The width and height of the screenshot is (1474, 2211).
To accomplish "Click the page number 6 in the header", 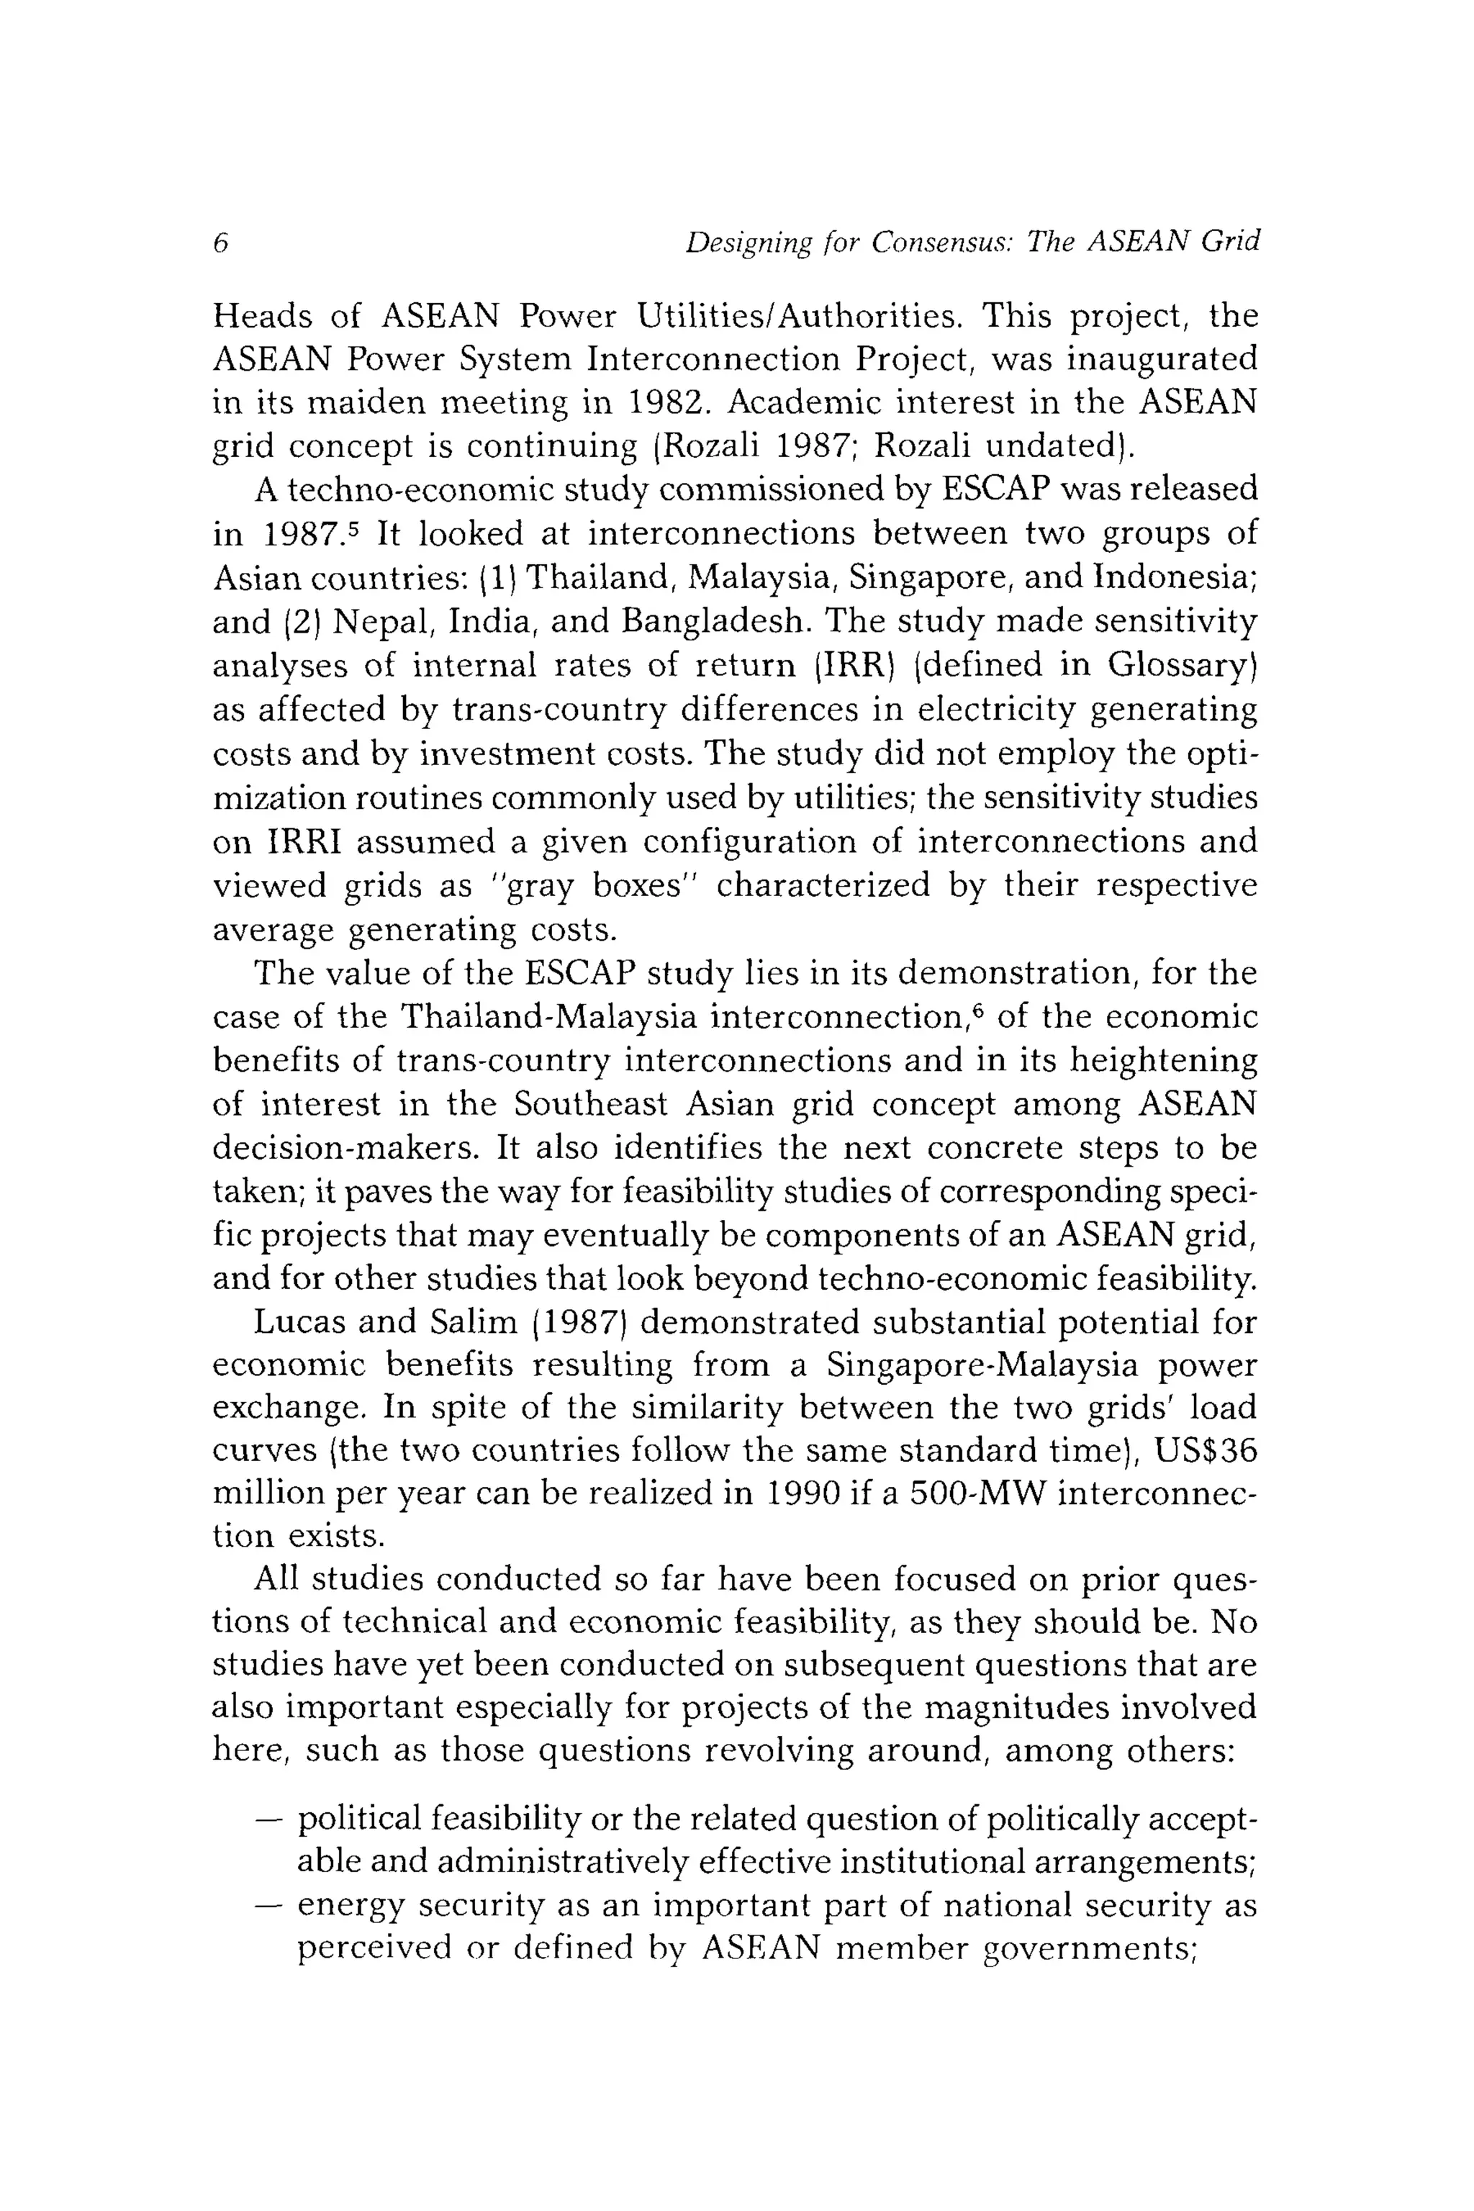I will (x=221, y=243).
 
